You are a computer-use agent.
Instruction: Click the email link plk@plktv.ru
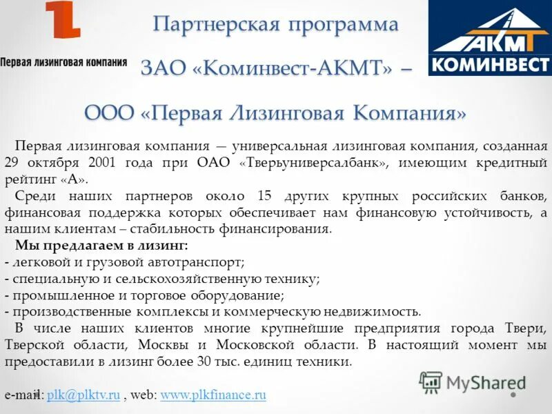coord(83,395)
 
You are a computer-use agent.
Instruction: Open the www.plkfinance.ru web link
coord(213,395)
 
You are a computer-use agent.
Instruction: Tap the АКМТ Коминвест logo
coord(489,38)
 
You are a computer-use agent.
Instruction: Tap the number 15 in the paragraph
coord(265,196)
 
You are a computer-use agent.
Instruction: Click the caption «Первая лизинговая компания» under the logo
coord(63,62)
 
